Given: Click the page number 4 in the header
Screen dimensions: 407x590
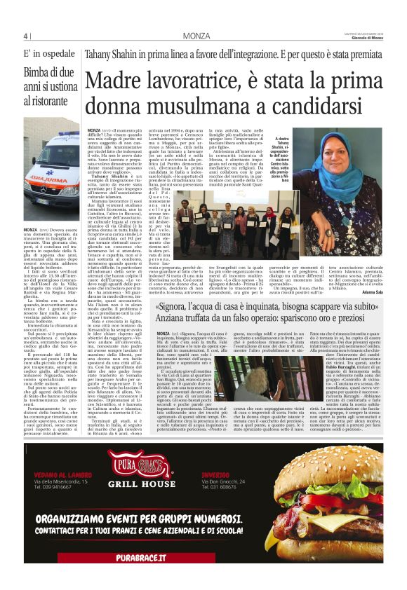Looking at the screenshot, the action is point(26,36).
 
